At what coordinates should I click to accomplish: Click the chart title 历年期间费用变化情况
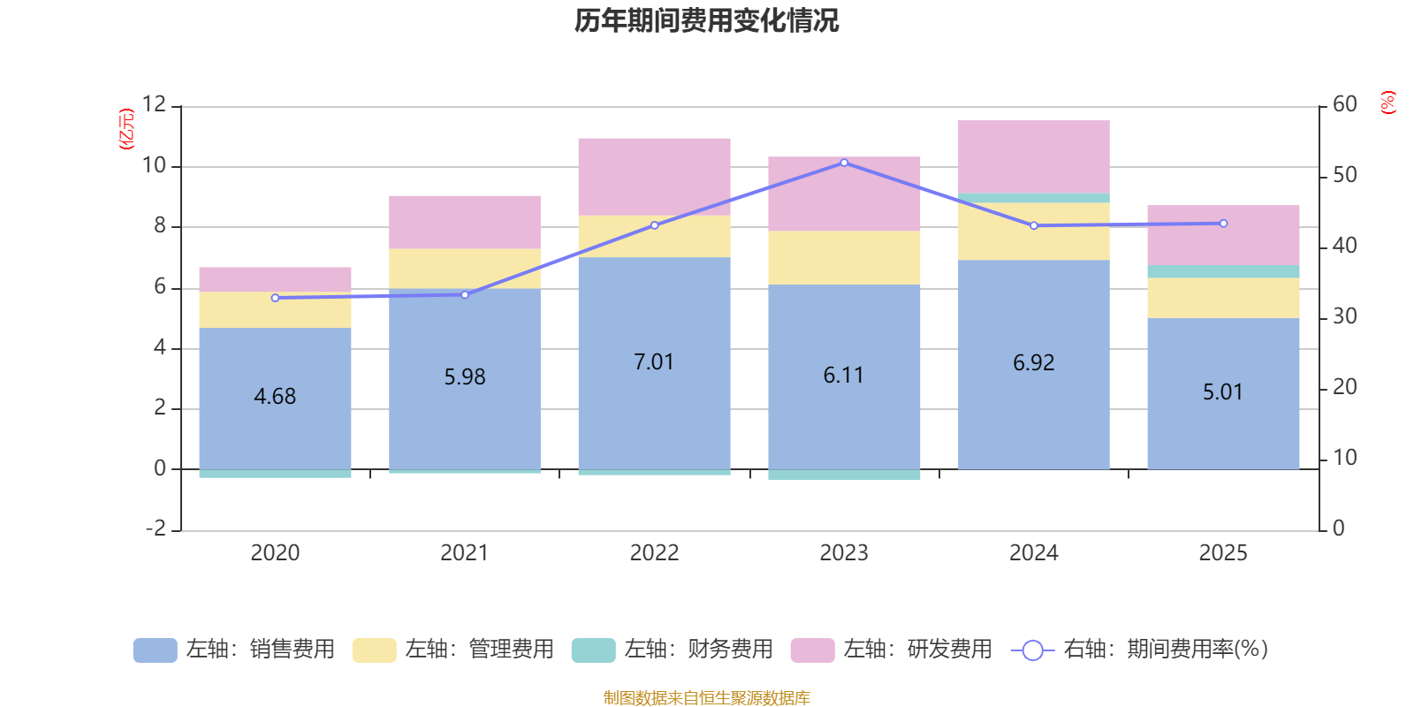click(x=706, y=20)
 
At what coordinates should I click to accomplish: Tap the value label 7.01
click(x=654, y=362)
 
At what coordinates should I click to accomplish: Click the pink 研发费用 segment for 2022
click(x=654, y=176)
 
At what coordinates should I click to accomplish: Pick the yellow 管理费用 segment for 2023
click(x=844, y=257)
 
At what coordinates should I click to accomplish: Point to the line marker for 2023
click(x=844, y=163)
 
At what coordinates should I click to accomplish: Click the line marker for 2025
click(x=1223, y=224)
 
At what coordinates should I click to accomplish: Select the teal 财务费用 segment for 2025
click(x=1223, y=271)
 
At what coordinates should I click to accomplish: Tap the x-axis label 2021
click(x=464, y=553)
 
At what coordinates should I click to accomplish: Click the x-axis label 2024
click(x=1033, y=553)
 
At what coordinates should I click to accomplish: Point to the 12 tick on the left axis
click(x=154, y=104)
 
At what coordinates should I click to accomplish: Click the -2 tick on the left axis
click(x=156, y=528)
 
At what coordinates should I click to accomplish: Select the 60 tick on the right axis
click(x=1344, y=104)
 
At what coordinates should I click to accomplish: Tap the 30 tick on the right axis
click(x=1344, y=316)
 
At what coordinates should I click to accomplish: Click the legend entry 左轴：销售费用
click(x=235, y=650)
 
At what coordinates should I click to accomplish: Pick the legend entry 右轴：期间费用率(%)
click(x=1140, y=650)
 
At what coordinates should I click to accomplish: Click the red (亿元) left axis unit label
click(x=126, y=129)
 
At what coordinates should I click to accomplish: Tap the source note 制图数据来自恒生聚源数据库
click(x=706, y=698)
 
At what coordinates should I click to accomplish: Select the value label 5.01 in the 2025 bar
click(x=1223, y=392)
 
